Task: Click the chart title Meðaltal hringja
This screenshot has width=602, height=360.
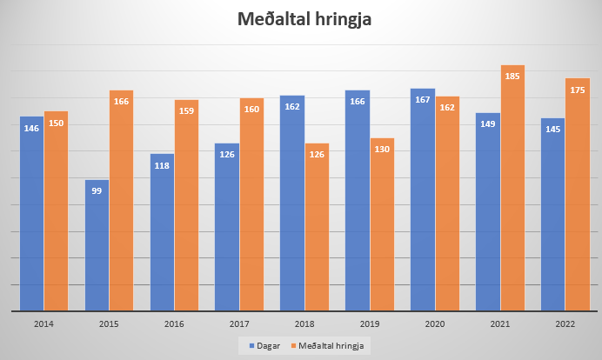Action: point(300,20)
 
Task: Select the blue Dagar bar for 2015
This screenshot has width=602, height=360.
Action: point(97,245)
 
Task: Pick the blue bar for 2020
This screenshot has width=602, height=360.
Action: point(423,199)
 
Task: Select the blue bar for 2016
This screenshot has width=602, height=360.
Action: point(162,232)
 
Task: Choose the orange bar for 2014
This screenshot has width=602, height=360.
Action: point(56,210)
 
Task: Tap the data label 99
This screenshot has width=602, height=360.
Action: point(97,191)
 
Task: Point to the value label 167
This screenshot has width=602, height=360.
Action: point(423,100)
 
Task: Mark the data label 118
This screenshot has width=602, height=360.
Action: point(162,166)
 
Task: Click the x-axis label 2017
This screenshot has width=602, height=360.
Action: point(227,323)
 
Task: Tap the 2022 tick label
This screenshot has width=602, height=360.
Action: point(553,323)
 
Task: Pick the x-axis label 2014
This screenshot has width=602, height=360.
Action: point(43,323)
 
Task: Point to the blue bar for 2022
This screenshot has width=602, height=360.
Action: point(552,214)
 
